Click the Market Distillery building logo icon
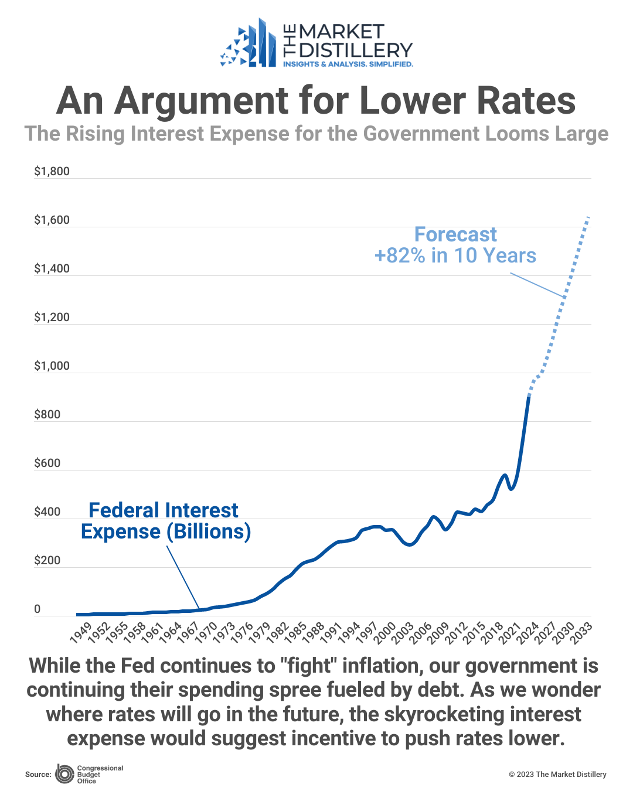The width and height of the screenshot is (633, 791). tap(249, 45)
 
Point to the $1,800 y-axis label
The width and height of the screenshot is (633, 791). tap(52, 171)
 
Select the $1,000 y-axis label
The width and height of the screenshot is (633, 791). tap(52, 366)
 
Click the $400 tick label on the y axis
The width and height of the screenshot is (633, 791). tap(47, 512)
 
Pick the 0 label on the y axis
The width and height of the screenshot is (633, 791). tap(38, 609)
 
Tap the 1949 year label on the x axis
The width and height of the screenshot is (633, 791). tap(81, 633)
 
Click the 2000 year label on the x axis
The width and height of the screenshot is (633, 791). tap(384, 633)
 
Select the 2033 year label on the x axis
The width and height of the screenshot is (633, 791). tap(581, 633)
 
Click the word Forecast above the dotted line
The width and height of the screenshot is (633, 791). tap(455, 234)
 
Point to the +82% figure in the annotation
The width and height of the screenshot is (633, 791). tap(400, 256)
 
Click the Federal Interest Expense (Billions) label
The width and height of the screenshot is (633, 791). tap(165, 521)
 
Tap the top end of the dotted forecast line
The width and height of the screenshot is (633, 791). tap(588, 217)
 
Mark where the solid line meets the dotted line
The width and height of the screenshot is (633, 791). tap(529, 396)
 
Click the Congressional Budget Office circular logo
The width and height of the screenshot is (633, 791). tap(64, 774)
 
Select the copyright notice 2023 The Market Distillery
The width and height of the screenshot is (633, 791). tap(557, 775)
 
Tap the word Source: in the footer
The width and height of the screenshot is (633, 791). tap(38, 775)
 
